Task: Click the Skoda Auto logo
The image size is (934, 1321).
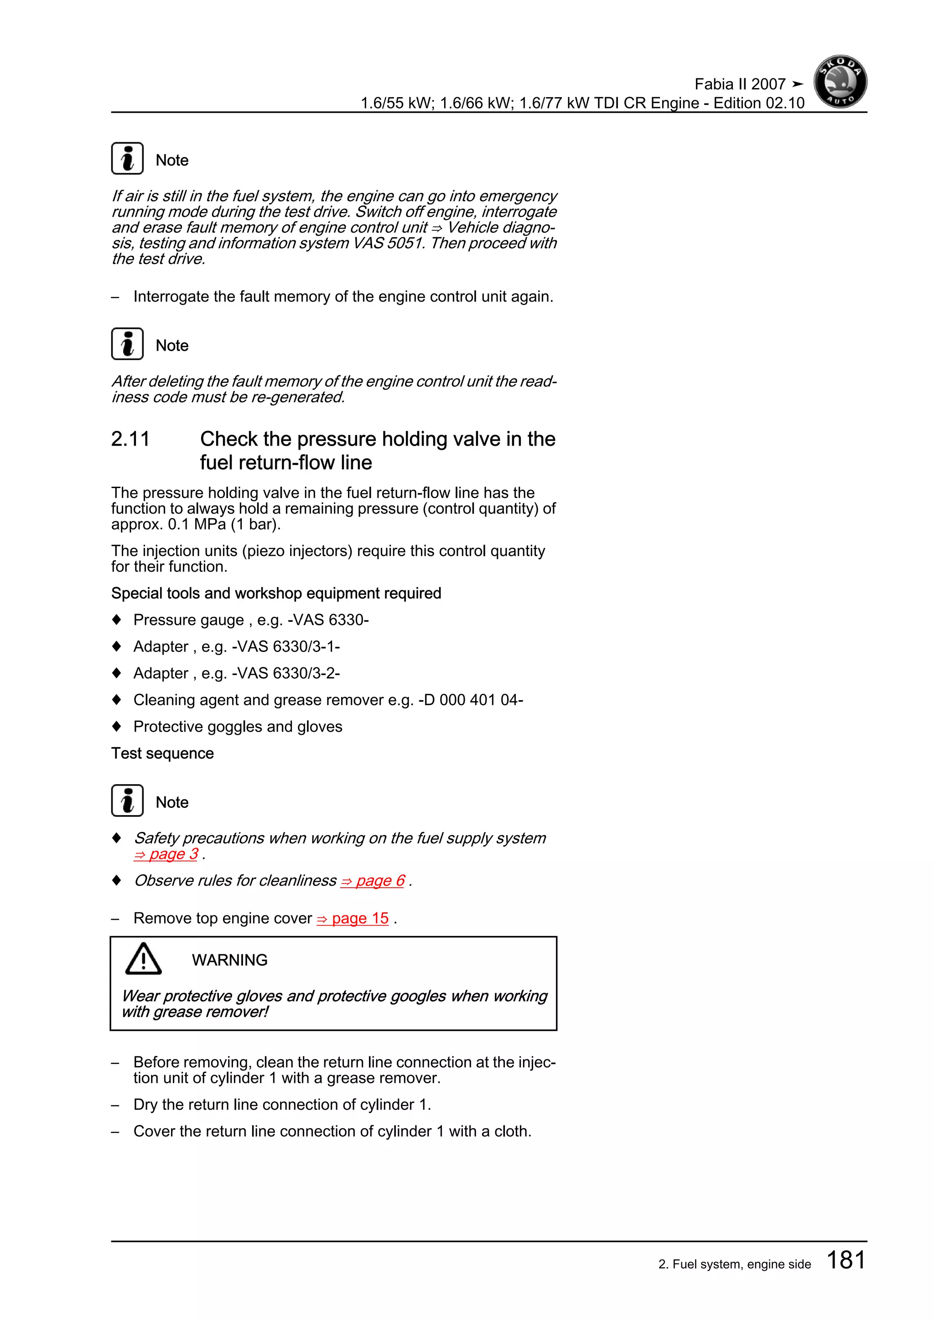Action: click(x=840, y=82)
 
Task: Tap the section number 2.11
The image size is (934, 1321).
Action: click(x=130, y=439)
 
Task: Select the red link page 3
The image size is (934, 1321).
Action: click(x=167, y=854)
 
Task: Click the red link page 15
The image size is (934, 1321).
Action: click(x=353, y=918)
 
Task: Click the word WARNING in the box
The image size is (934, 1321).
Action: click(x=229, y=960)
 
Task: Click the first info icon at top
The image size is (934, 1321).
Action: click(x=127, y=158)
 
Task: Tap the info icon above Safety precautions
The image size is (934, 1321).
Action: click(x=127, y=801)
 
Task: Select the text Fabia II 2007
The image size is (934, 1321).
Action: click(x=740, y=84)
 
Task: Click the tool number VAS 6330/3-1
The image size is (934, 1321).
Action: click(x=286, y=647)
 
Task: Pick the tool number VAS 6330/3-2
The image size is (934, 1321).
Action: click(x=286, y=673)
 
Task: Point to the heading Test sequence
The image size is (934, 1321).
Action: click(x=162, y=753)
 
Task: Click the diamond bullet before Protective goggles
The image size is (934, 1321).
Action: click(x=117, y=726)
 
